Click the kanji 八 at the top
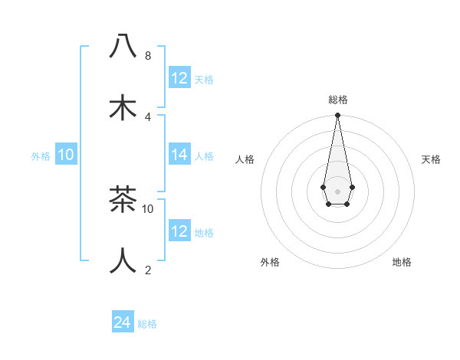point(123,47)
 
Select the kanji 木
point(123,107)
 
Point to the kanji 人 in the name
point(123,260)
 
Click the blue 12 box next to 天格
point(179,78)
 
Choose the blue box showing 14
point(179,155)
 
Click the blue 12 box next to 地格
point(179,231)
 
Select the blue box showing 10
point(66,155)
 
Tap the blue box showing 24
point(123,322)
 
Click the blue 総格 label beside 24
point(147,324)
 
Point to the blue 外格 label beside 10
point(41,156)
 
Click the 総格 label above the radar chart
point(337,100)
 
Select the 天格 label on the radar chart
point(432,159)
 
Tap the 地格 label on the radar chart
point(402,262)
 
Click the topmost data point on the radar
point(337,116)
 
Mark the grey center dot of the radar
point(337,190)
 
